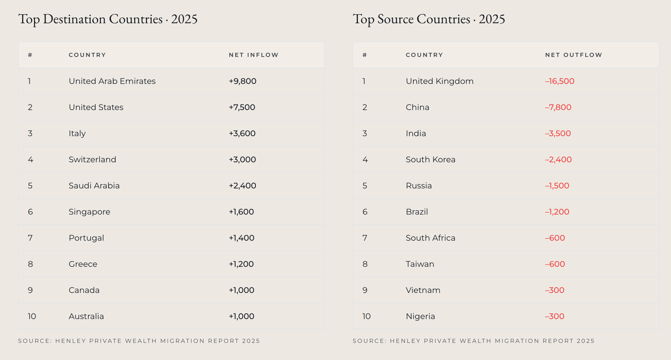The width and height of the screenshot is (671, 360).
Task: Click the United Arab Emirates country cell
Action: [x=112, y=81]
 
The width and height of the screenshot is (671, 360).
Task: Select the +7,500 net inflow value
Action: [x=242, y=107]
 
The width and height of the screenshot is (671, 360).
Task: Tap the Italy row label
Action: [x=77, y=134]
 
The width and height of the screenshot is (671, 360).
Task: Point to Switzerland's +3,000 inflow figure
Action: [x=242, y=159]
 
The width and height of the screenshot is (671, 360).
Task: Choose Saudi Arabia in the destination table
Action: [x=94, y=186]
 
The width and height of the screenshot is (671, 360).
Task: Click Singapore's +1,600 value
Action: [x=241, y=212]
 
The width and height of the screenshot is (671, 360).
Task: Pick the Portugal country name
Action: [x=86, y=238]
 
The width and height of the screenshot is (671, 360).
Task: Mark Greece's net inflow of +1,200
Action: [x=241, y=264]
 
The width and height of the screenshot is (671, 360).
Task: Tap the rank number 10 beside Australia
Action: [x=32, y=316]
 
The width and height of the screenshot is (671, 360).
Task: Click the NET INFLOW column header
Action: [x=254, y=55]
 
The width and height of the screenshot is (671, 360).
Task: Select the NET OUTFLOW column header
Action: [x=573, y=55]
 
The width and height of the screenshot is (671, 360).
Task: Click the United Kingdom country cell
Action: [x=440, y=81]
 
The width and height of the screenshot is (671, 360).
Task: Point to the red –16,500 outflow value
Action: [x=560, y=81]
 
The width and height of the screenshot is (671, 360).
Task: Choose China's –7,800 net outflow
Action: [x=558, y=107]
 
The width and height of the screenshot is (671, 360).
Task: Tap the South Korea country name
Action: [x=431, y=159]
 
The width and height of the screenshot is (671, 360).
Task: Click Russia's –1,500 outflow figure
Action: [x=557, y=186]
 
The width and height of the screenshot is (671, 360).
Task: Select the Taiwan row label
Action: [x=420, y=264]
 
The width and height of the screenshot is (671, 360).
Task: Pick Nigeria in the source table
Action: [x=420, y=316]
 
